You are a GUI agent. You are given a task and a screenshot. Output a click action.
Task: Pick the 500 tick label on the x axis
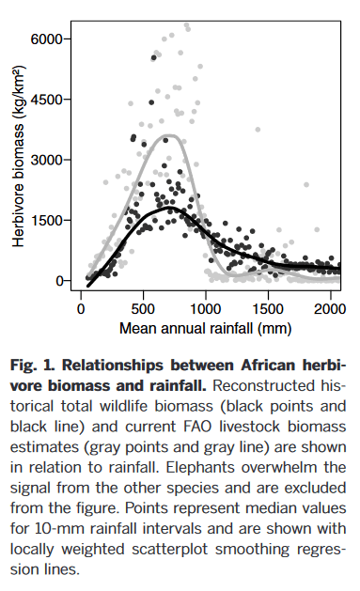point(143,309)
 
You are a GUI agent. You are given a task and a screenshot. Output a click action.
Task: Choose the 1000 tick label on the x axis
point(206,309)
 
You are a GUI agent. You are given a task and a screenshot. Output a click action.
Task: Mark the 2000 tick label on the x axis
point(330,309)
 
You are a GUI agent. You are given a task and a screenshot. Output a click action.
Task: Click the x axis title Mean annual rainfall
point(205,330)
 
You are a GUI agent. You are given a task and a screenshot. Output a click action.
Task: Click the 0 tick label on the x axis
point(81,309)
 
